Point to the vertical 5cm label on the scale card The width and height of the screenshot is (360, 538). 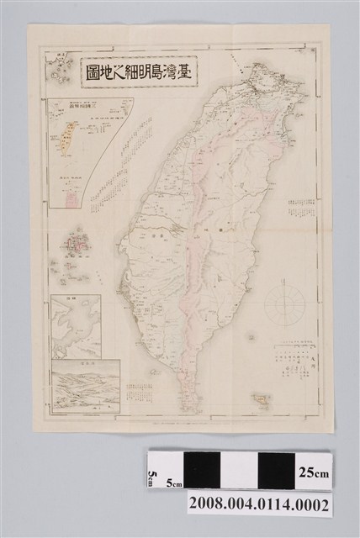153,477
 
